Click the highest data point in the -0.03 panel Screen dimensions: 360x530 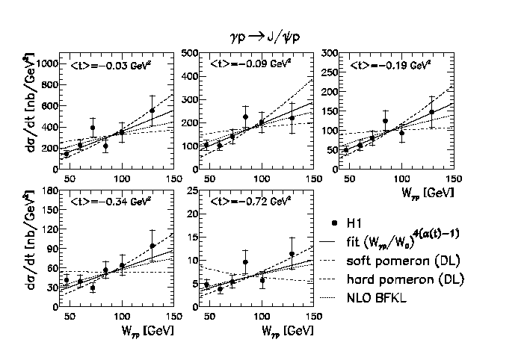152,111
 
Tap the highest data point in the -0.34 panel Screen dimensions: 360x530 152,246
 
